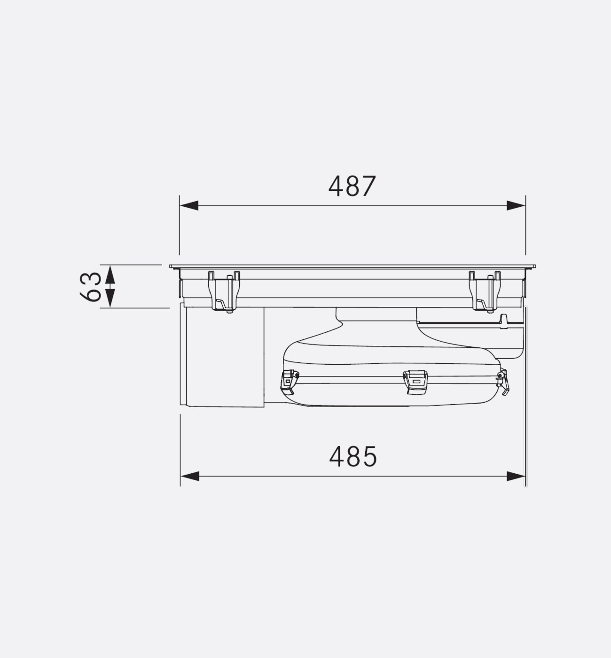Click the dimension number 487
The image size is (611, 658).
click(352, 186)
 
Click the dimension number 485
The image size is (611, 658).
click(352, 456)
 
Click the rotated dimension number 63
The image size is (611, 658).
click(91, 286)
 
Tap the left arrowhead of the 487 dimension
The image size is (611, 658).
click(188, 205)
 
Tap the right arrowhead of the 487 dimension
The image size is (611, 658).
click(516, 205)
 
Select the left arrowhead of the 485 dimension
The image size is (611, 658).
click(190, 476)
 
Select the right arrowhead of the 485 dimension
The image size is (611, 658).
click(516, 476)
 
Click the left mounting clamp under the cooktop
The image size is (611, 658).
click(224, 291)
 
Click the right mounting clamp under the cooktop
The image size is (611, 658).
click(485, 291)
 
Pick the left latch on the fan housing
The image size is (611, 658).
click(289, 381)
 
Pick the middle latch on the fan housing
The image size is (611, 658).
click(415, 381)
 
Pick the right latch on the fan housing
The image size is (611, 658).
click(503, 381)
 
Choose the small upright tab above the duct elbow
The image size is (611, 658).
click(503, 319)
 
